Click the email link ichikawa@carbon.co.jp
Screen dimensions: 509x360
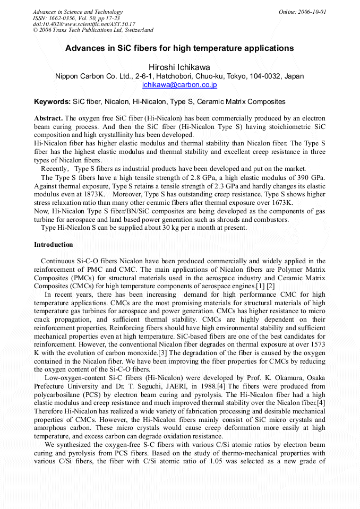coord(179,84)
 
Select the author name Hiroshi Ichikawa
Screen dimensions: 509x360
coord(179,67)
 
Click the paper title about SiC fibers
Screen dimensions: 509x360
coord(179,48)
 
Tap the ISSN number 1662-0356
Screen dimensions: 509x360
coord(61,18)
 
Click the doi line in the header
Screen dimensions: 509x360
coord(84,24)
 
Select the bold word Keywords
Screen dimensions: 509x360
coord(52,101)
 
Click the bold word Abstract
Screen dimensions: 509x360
coord(48,118)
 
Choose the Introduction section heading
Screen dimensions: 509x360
coord(54,245)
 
